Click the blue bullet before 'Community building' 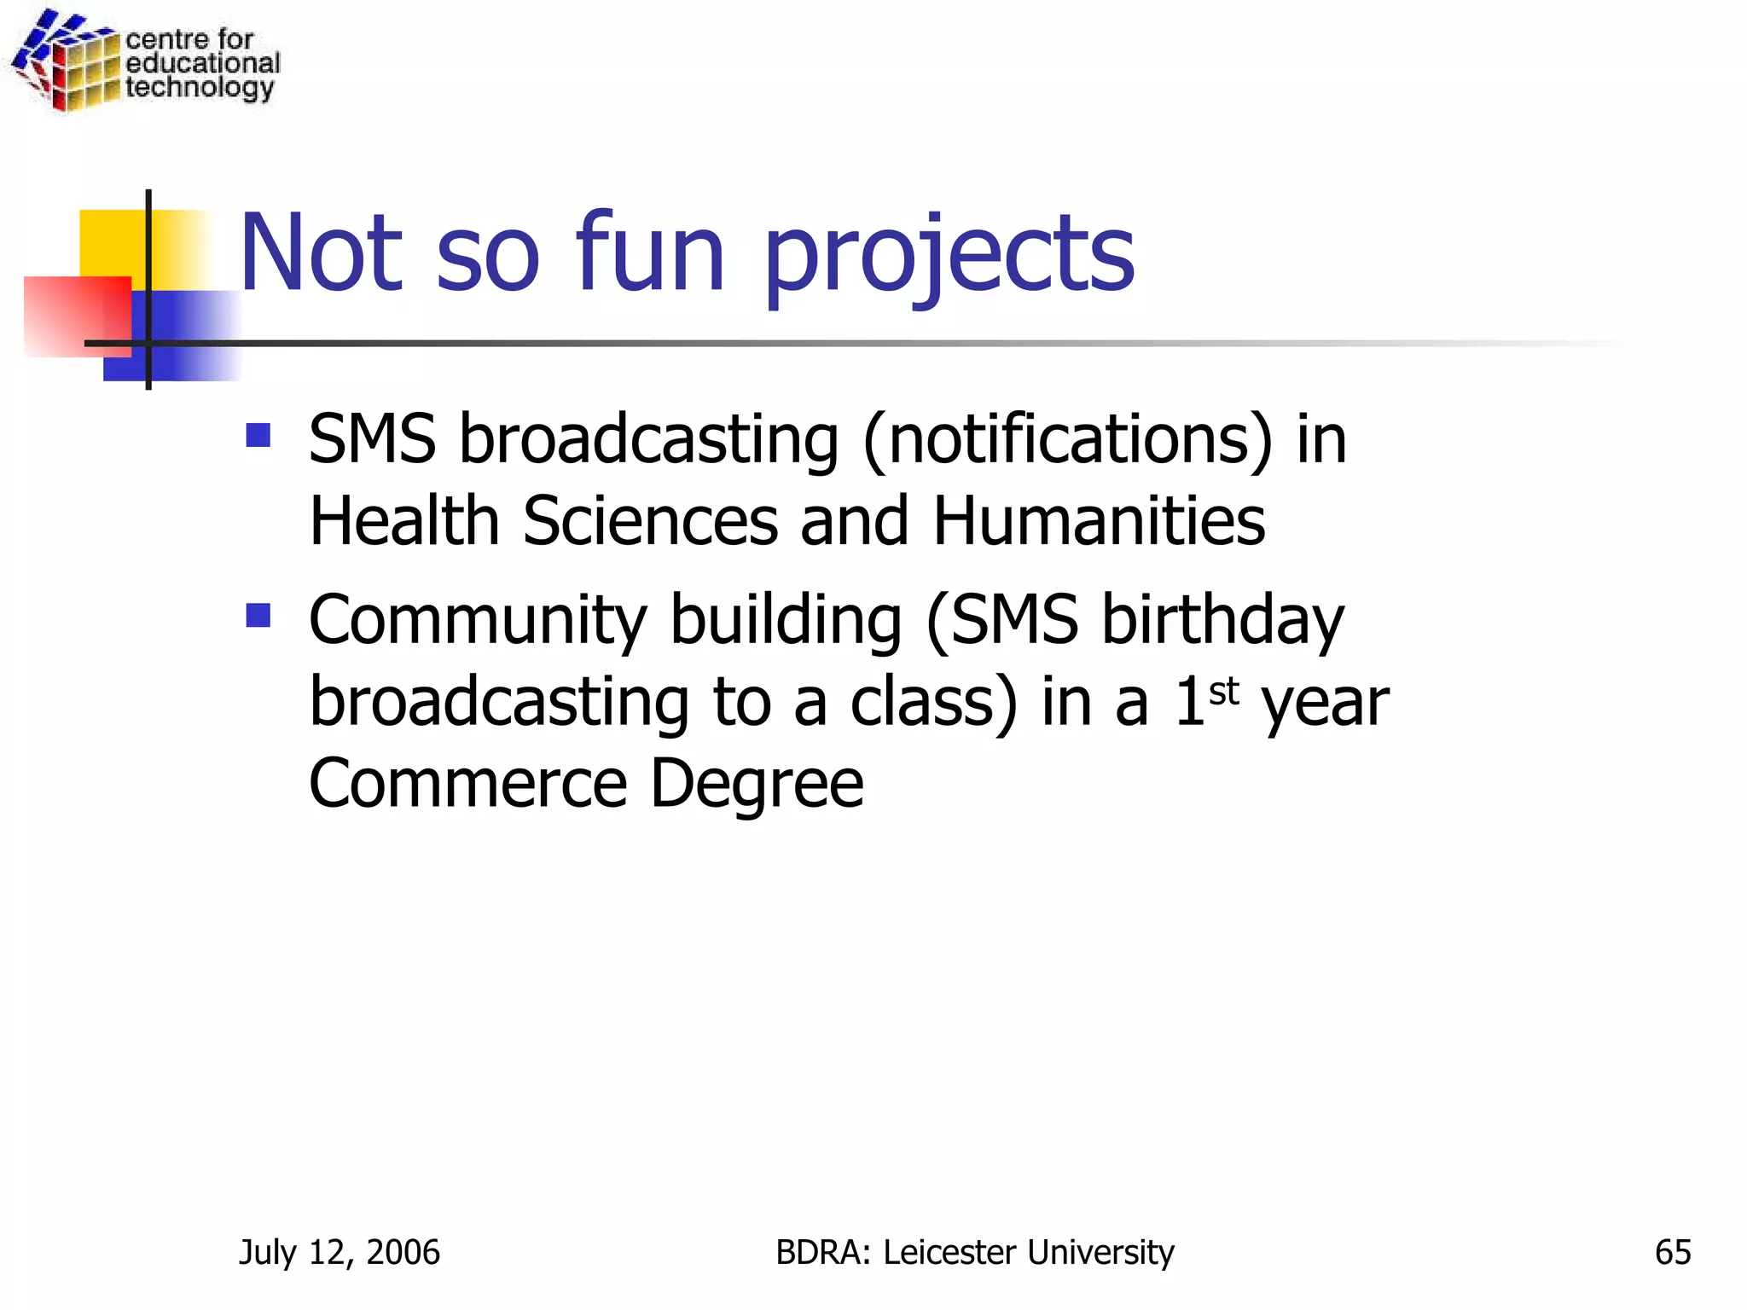click(x=258, y=615)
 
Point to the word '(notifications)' click(x=1068, y=441)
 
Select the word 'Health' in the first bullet click(x=403, y=521)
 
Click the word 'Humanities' click(x=1099, y=521)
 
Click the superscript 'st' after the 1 click(x=1224, y=692)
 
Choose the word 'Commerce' click(x=468, y=783)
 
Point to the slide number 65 click(x=1673, y=1252)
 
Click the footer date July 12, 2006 click(x=340, y=1253)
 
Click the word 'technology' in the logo click(x=200, y=88)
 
